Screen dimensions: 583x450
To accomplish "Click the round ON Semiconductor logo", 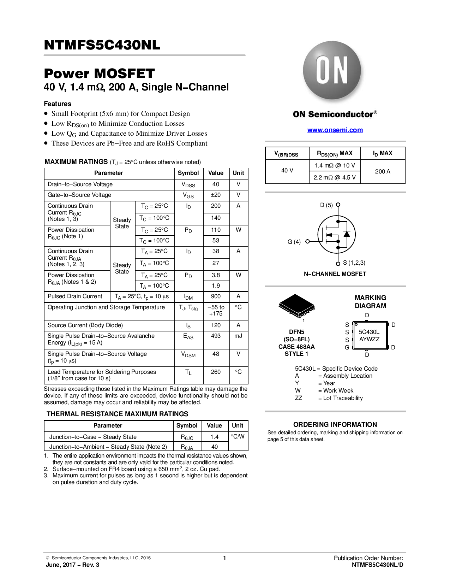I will [x=332, y=70].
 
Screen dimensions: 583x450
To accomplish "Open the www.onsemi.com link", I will [x=335, y=130].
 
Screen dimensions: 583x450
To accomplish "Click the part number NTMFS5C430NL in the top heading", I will [x=102, y=45].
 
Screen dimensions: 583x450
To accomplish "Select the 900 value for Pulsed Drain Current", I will [x=216, y=296].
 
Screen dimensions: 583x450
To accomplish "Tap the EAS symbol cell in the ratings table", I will [x=188, y=337].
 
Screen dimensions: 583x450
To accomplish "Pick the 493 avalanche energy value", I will [x=216, y=336].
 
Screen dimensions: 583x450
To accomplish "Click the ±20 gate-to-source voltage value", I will [x=216, y=195].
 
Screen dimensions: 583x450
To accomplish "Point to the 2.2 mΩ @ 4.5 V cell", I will [x=335, y=177].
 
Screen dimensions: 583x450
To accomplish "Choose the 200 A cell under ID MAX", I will [x=383, y=171].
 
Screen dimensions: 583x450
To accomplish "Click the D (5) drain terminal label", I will [x=326, y=205].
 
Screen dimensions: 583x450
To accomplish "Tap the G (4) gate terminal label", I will [x=294, y=242].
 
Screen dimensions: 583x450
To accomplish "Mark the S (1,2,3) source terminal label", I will [x=354, y=263].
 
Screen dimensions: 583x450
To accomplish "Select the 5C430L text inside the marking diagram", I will [x=369, y=332].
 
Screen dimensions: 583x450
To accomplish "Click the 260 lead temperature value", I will [x=216, y=372].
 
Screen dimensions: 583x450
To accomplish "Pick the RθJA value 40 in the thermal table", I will [x=214, y=447].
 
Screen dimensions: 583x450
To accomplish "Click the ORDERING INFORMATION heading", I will [x=335, y=425].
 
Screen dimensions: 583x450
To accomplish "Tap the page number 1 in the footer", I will [x=224, y=558].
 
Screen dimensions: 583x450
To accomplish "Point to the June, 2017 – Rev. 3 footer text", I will [x=72, y=565].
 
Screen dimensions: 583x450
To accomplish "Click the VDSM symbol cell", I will [x=188, y=355].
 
